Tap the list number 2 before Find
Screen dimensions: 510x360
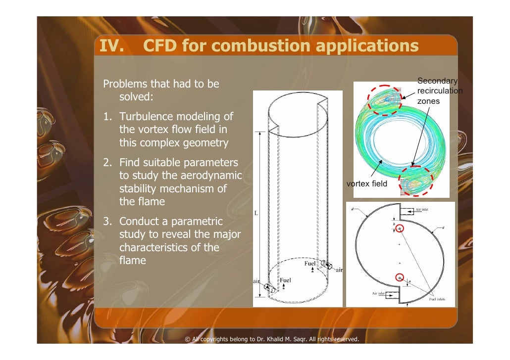coord(106,163)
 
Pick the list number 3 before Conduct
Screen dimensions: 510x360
coord(106,222)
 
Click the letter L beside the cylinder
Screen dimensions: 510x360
coord(256,213)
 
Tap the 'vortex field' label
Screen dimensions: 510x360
coord(366,184)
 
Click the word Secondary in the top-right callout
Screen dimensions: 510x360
coord(437,81)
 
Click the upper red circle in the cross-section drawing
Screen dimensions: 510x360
coord(400,228)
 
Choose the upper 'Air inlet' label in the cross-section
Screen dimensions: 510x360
coord(422,210)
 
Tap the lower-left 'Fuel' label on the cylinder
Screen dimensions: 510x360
coord(286,280)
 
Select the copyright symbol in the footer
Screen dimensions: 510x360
coord(188,339)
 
